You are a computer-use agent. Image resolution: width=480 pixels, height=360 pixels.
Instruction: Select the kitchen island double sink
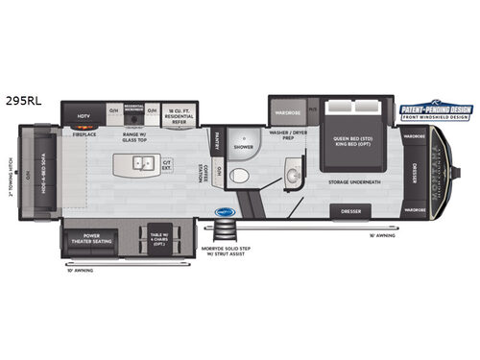(143, 164)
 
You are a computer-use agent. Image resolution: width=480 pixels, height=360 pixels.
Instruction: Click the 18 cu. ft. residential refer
(177, 116)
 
